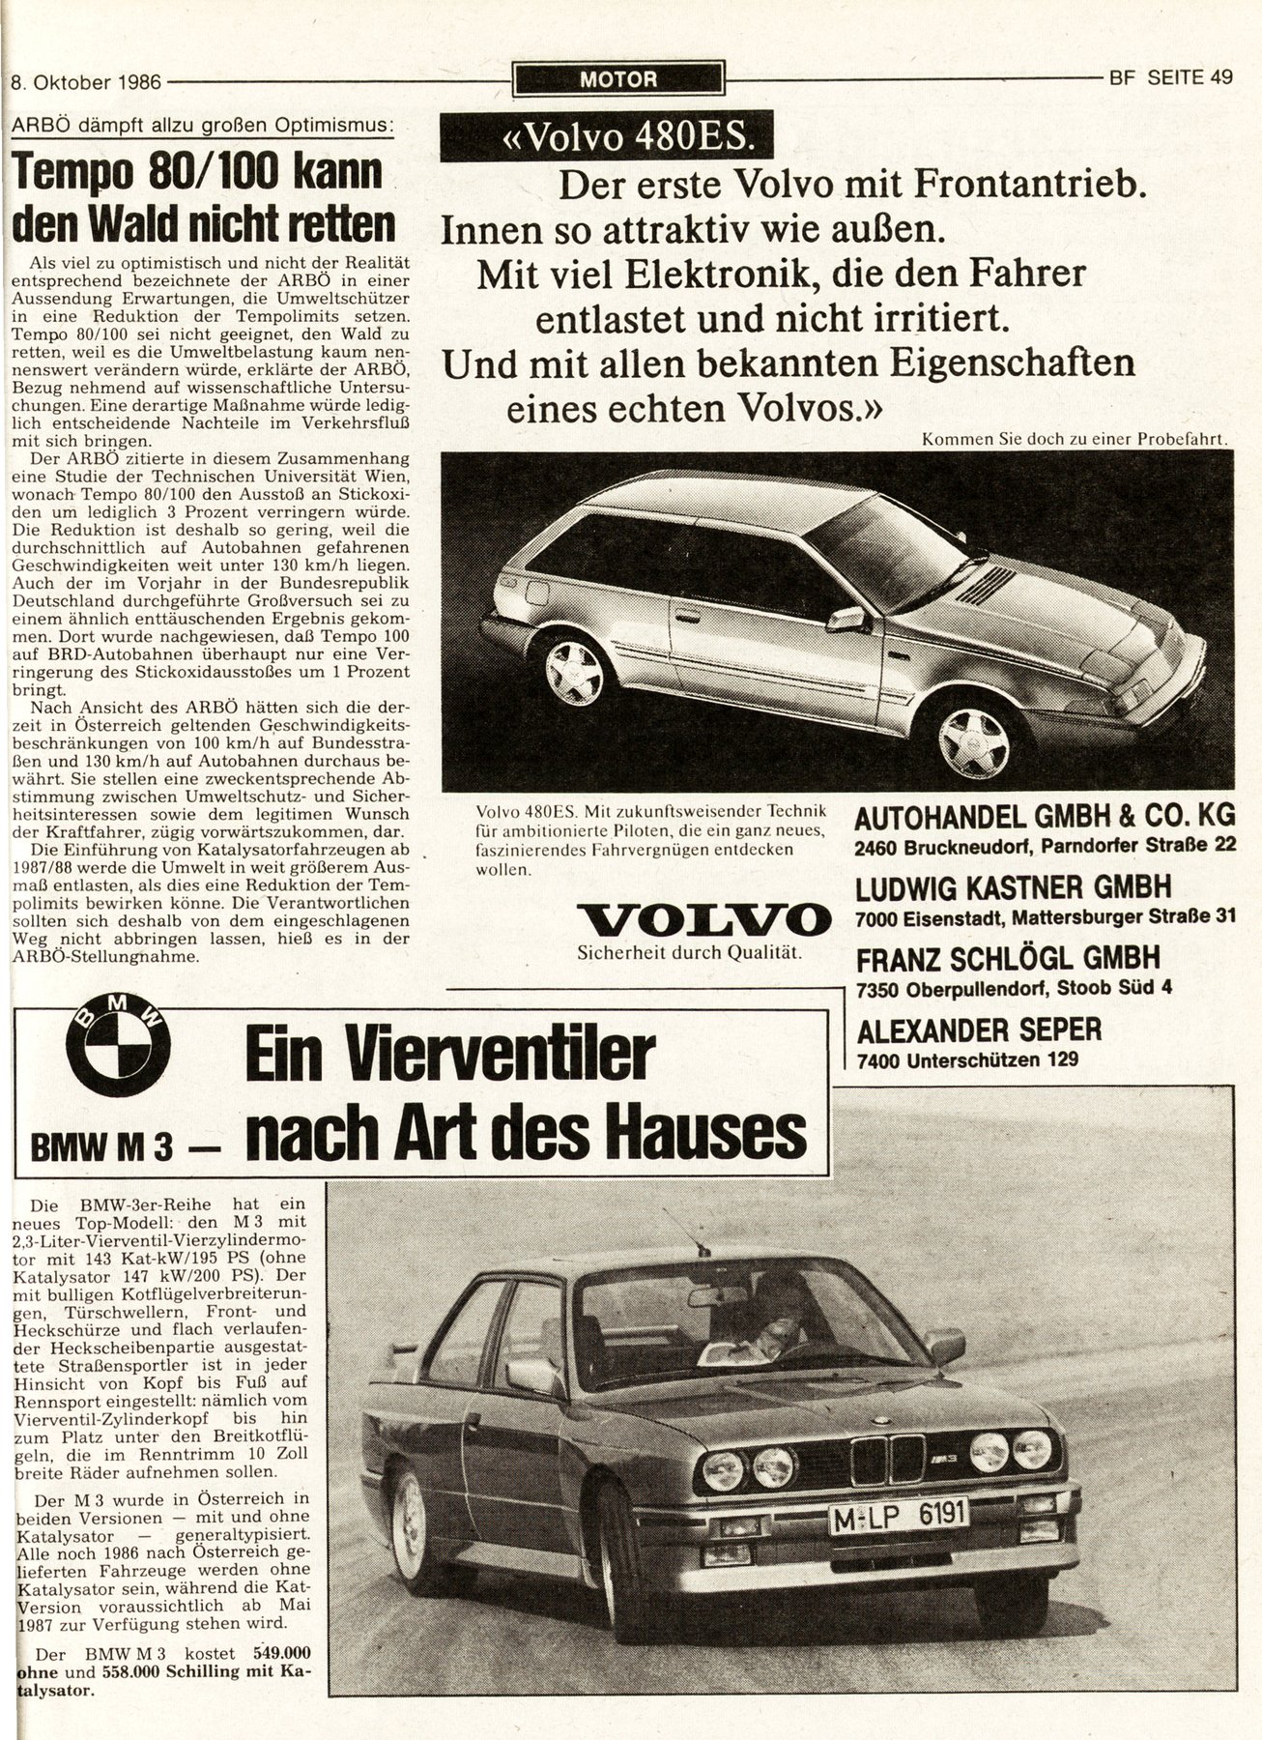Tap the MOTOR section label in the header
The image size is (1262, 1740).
[x=618, y=79]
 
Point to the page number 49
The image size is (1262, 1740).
[x=1219, y=79]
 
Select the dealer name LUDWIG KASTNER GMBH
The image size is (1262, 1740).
[x=1013, y=886]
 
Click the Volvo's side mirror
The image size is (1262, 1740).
[x=846, y=618]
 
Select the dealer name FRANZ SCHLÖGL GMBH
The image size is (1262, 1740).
[x=1007, y=958]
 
